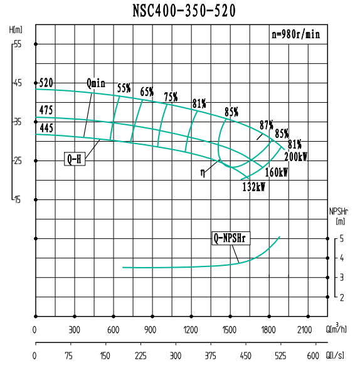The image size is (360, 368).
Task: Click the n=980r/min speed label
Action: (x=296, y=35)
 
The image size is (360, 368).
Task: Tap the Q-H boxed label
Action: (x=75, y=159)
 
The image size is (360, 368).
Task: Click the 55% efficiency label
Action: (x=124, y=88)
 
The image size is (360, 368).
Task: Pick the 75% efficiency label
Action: (x=171, y=97)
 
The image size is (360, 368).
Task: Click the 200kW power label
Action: (x=295, y=157)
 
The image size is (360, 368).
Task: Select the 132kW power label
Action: (x=253, y=186)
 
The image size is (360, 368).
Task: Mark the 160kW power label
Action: (x=276, y=172)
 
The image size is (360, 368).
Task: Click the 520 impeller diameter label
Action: (x=46, y=83)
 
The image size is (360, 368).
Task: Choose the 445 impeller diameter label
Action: (x=46, y=128)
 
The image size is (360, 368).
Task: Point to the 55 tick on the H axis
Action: (x=18, y=44)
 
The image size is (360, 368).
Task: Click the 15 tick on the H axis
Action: (x=18, y=199)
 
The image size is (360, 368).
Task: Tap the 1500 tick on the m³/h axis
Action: (x=230, y=330)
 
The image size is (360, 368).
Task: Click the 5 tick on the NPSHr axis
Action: (x=342, y=238)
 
